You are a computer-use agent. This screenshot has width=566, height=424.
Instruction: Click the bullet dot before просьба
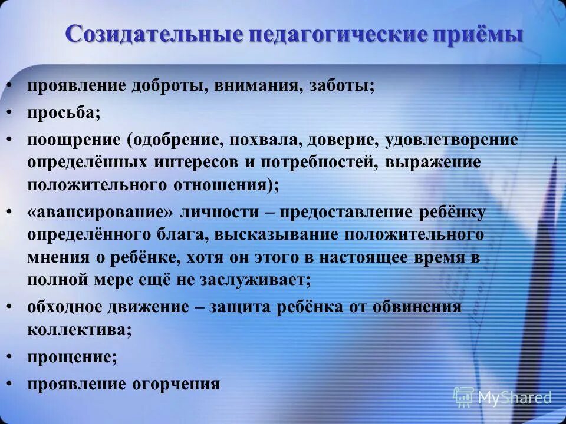[10, 112]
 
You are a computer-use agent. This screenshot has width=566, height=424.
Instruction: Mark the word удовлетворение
[452, 140]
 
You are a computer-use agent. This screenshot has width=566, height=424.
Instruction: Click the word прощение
[71, 356]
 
